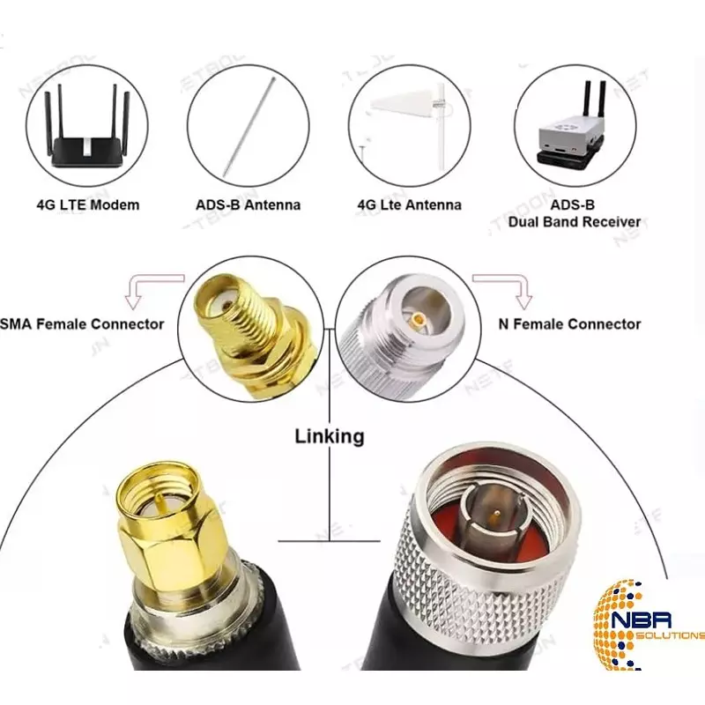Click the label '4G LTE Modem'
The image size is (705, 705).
pyautogui.click(x=87, y=204)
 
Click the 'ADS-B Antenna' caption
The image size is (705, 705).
pyautogui.click(x=248, y=204)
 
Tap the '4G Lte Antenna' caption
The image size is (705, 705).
pyautogui.click(x=409, y=204)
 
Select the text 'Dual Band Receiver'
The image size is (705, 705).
pyautogui.click(x=574, y=222)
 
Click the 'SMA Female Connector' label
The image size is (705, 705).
pyautogui.click(x=83, y=323)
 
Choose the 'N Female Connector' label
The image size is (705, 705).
pyautogui.click(x=569, y=323)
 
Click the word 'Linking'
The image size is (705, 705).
pyautogui.click(x=329, y=435)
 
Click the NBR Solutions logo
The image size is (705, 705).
pyautogui.click(x=648, y=626)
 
